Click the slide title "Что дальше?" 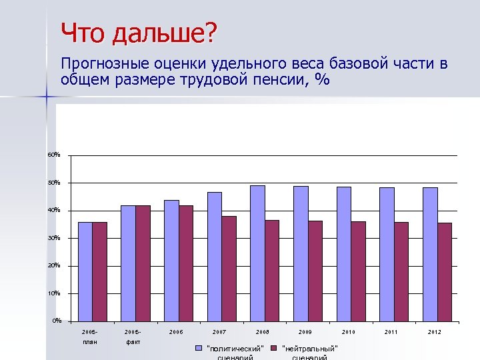pos(138,33)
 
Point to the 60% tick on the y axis pos(53,155)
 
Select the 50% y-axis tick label pos(53,183)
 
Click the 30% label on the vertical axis pos(53,238)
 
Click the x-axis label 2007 pos(219,332)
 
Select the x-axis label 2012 pos(434,332)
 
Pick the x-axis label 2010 pos(348,332)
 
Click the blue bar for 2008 pos(257,253)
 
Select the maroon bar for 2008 pos(271,270)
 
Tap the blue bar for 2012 pos(430,253)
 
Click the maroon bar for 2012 pos(444,271)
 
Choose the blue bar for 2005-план pos(85,271)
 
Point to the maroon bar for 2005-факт pos(143,263)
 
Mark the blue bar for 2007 pos(214,256)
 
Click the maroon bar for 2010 pos(358,271)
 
